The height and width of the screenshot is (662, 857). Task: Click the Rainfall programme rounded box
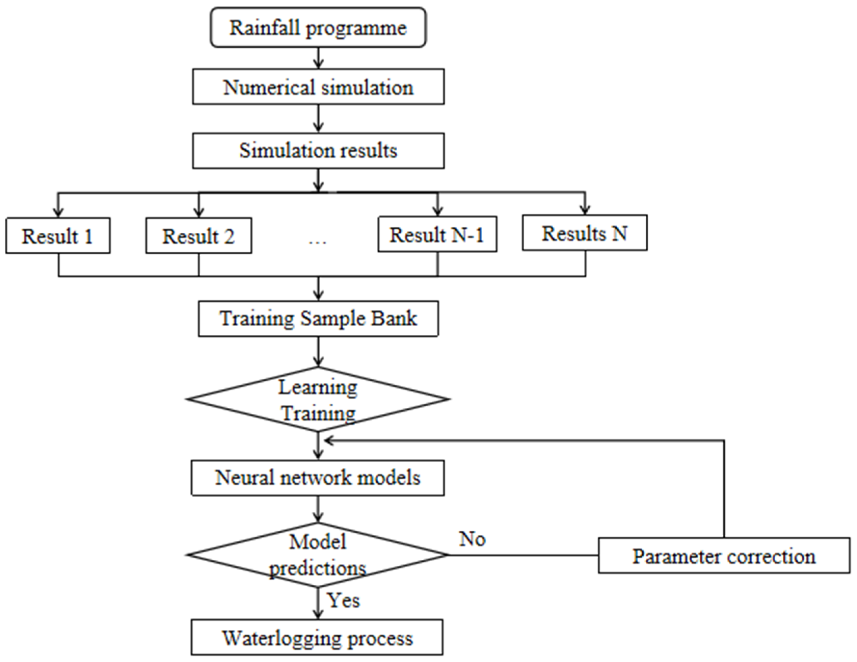pyautogui.click(x=318, y=27)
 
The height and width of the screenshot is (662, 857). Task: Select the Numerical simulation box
pyautogui.click(x=318, y=87)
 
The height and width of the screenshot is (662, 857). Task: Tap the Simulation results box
pyautogui.click(x=318, y=151)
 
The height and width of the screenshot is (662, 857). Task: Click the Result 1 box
pyautogui.click(x=58, y=236)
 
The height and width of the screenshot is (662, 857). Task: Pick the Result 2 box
pyautogui.click(x=198, y=236)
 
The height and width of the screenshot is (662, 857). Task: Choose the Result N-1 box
pyautogui.click(x=437, y=234)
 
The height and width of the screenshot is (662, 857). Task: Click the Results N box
pyautogui.click(x=584, y=233)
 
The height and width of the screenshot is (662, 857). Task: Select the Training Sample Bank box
pyautogui.click(x=318, y=319)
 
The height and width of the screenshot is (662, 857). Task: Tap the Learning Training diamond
pyautogui.click(x=318, y=399)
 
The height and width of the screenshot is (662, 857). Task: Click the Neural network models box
pyautogui.click(x=318, y=478)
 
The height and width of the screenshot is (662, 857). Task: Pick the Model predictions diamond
pyautogui.click(x=318, y=555)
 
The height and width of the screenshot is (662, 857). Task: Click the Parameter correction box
pyautogui.click(x=724, y=556)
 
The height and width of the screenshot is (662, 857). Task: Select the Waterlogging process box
pyautogui.click(x=317, y=638)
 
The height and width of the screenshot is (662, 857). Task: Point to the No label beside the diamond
pyautogui.click(x=472, y=539)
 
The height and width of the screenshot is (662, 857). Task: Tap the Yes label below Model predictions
pyautogui.click(x=344, y=600)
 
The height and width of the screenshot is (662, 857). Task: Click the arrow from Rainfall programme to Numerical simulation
pyautogui.click(x=319, y=58)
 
